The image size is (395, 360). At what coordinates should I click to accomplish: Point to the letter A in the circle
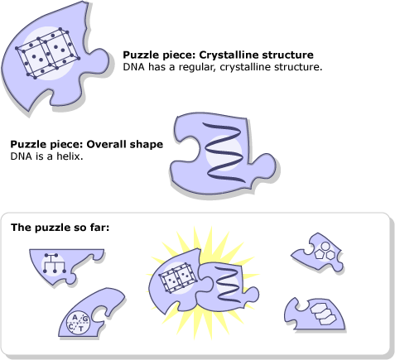[75, 317]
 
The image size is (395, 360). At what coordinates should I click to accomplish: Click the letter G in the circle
[85, 319]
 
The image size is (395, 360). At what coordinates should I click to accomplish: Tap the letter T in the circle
[81, 329]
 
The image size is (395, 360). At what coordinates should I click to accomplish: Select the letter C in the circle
[71, 327]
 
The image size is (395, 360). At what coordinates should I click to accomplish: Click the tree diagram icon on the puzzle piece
[55, 263]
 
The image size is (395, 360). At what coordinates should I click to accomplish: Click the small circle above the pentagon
[325, 246]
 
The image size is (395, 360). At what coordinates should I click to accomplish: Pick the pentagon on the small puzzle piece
[320, 254]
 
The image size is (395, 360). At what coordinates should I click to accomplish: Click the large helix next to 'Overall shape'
[224, 152]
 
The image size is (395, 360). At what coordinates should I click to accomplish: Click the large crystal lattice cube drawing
[48, 53]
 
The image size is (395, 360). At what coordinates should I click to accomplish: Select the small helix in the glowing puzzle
[228, 284]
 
